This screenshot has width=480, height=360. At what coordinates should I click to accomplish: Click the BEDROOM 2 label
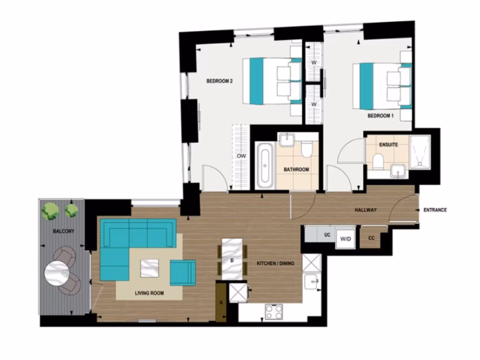click(220, 81)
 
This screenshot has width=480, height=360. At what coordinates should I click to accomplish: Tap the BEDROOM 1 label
click(380, 115)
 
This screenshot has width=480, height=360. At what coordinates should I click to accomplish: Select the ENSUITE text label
click(388, 145)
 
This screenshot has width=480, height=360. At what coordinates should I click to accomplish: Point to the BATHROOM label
click(296, 169)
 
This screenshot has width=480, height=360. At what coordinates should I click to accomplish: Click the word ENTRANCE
click(435, 210)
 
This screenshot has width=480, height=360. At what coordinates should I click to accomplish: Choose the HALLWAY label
click(365, 210)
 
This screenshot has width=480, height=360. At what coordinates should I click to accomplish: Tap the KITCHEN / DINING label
click(276, 263)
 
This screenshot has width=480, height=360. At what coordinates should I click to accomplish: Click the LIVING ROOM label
click(149, 293)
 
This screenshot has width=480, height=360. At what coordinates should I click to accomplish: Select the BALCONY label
click(63, 232)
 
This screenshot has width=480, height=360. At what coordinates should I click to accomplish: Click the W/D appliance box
click(345, 239)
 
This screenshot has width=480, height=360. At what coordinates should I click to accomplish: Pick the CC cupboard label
click(371, 238)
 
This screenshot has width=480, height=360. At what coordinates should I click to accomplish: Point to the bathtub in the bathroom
click(265, 165)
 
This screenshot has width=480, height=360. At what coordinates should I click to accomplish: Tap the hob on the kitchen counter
click(273, 311)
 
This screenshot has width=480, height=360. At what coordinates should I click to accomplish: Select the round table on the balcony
click(57, 272)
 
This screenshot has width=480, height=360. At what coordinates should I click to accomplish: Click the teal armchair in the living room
click(182, 272)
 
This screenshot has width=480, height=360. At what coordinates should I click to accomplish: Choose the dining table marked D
click(232, 259)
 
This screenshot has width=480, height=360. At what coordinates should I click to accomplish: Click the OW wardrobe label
click(241, 156)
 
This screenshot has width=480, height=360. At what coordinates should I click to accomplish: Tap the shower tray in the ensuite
click(420, 152)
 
